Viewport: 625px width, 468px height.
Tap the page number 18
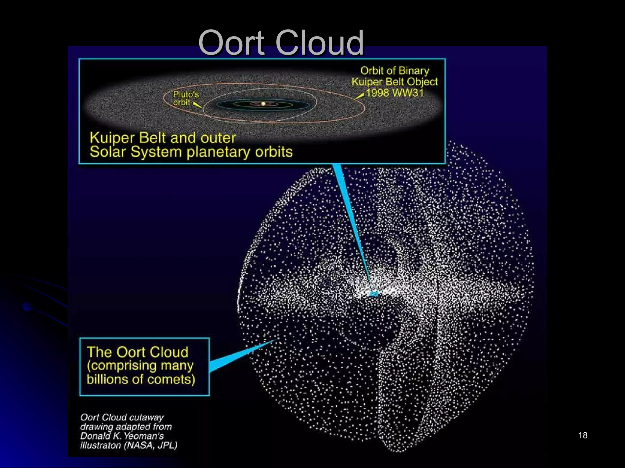pos(583,435)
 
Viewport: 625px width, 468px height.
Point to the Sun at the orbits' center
pos(263,104)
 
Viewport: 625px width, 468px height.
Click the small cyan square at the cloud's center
pos(374,294)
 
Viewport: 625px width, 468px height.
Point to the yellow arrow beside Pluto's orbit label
pos(197,105)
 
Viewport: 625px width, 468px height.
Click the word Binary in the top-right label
pos(414,71)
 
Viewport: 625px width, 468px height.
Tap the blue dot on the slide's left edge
pos(27,307)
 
